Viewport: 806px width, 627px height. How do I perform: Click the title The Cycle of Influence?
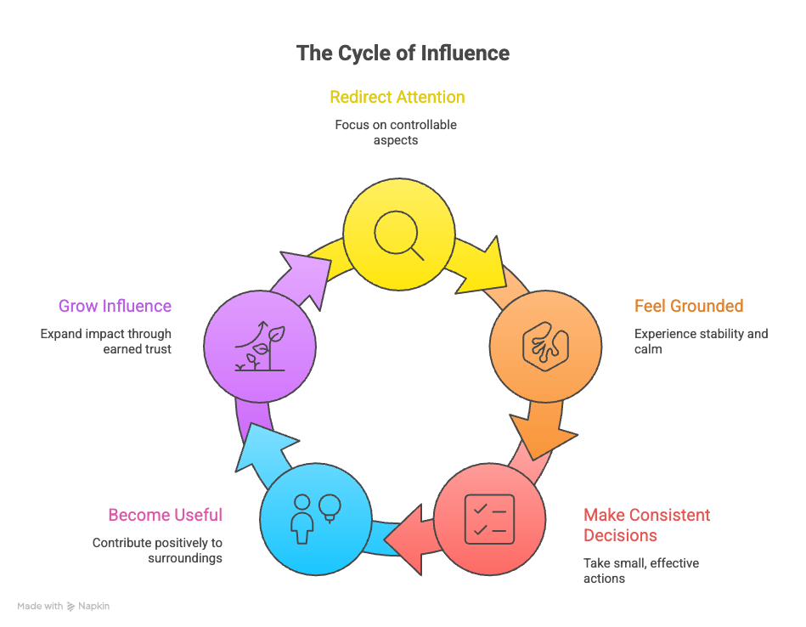[403, 54]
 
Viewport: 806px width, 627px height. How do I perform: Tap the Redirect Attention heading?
[397, 97]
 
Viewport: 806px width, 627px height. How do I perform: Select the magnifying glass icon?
[399, 233]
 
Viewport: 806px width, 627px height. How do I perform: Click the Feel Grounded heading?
[688, 306]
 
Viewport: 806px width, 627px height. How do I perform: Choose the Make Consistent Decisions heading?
[645, 525]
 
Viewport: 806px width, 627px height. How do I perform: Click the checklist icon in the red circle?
[489, 518]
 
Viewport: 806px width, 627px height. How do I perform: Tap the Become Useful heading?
[165, 515]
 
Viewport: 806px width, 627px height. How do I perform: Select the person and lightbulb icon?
[315, 517]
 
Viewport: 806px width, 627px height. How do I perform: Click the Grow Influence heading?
[115, 306]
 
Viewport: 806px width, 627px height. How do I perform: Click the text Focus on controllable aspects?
[396, 133]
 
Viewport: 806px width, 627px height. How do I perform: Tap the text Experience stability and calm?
[700, 342]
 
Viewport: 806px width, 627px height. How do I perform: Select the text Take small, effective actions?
[640, 570]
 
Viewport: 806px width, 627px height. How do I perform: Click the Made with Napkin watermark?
[64, 607]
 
